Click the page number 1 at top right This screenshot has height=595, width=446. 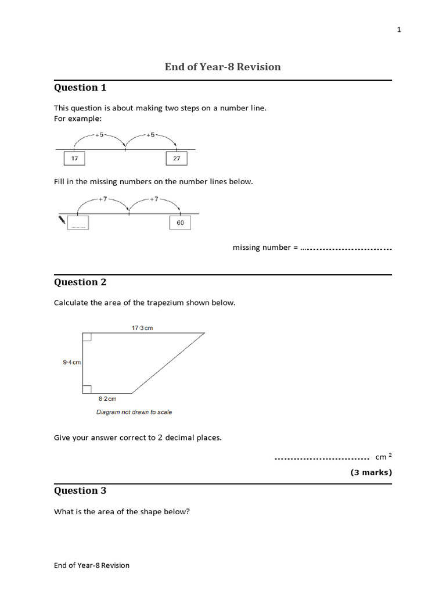tap(399, 30)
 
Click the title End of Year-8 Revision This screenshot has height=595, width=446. tap(222, 67)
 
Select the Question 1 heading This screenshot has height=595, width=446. tap(80, 88)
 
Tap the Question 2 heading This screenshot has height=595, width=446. tap(80, 282)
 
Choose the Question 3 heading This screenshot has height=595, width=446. tap(80, 491)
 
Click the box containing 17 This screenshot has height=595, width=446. tap(74, 159)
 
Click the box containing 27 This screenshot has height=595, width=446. tap(177, 159)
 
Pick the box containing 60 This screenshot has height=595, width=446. tap(180, 223)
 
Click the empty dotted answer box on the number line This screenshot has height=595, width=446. tap(78, 223)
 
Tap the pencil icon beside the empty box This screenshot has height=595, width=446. tap(62, 220)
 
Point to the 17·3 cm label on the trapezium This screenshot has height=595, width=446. tap(142, 328)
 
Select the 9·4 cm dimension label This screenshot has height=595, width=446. tap(72, 363)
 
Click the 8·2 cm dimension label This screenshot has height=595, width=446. tap(107, 399)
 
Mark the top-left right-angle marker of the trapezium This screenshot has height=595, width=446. tap(87, 337)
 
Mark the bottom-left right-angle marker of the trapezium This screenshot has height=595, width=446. tap(87, 389)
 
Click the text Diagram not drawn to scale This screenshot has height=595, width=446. tap(134, 413)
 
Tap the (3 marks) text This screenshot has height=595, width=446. tap(371, 472)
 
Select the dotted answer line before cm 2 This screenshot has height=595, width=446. tap(322, 458)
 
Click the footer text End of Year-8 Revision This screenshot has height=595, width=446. tap(92, 565)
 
